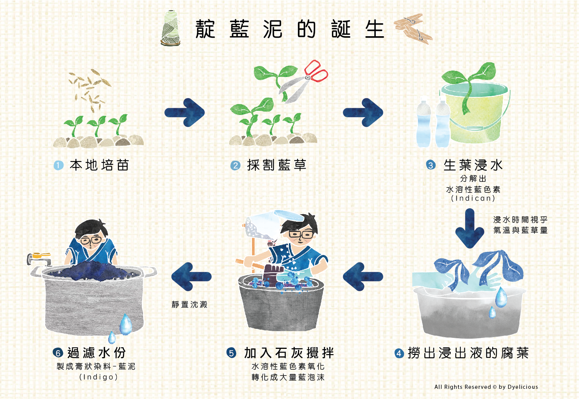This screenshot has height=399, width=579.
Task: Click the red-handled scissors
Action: (x=303, y=82)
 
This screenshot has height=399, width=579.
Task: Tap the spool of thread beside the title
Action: (x=170, y=28)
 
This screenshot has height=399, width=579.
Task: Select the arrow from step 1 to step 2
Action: (x=184, y=112)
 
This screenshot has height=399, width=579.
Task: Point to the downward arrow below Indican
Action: (x=469, y=229)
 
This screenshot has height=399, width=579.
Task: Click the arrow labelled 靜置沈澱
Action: (x=191, y=277)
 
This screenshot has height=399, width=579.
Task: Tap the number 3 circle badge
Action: (x=431, y=165)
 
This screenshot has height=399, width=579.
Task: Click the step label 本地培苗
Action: (x=99, y=165)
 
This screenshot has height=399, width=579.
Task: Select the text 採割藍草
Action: (x=276, y=165)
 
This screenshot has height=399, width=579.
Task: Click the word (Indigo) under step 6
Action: (x=98, y=377)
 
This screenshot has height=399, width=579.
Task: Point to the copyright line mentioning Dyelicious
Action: (x=486, y=387)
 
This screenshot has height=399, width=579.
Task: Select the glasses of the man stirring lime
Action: (x=301, y=234)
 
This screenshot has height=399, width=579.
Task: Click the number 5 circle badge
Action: (x=231, y=353)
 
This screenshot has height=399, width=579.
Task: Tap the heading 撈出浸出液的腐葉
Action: (x=468, y=353)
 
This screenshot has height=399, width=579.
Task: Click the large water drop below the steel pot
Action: (x=126, y=324)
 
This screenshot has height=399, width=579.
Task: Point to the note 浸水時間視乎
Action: (x=520, y=219)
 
